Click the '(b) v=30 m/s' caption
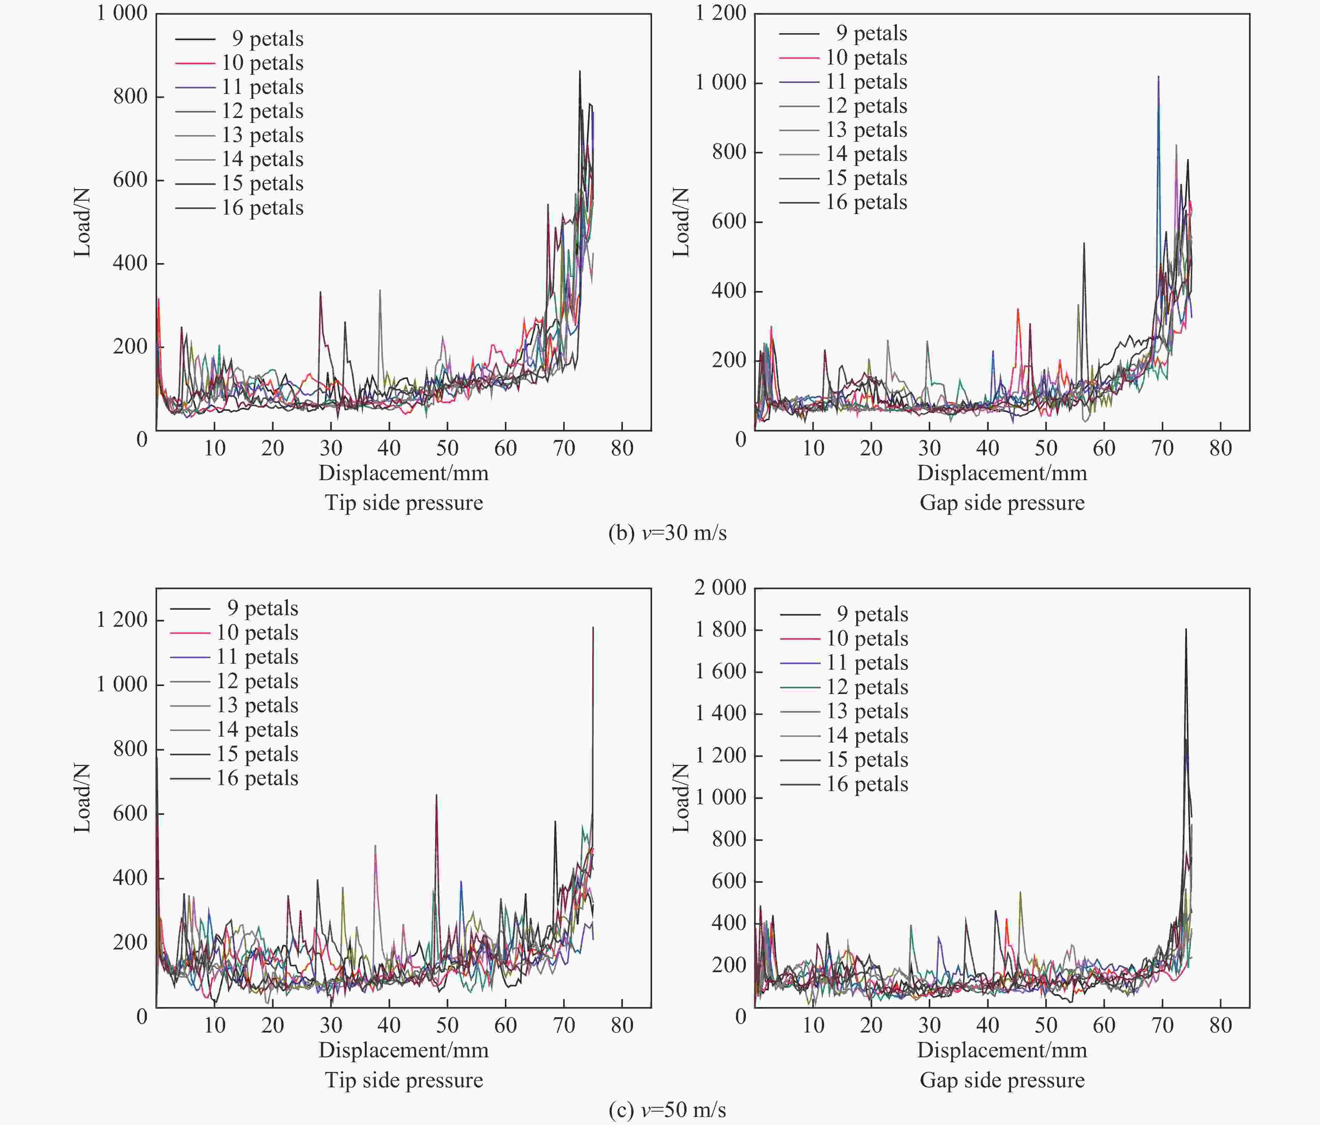(x=667, y=532)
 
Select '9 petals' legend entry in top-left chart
(x=267, y=39)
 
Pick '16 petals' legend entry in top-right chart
(x=866, y=202)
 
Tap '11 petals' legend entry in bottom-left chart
(x=257, y=656)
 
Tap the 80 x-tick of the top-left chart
(x=622, y=448)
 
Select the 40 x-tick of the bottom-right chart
(x=988, y=1025)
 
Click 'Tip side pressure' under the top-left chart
(x=404, y=502)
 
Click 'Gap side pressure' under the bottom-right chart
(x=1002, y=1080)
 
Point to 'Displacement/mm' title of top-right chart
(x=1002, y=473)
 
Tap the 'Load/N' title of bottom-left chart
(x=82, y=798)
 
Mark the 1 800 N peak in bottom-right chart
(x=1186, y=629)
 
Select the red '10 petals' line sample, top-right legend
(x=799, y=58)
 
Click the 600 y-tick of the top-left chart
(x=130, y=180)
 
